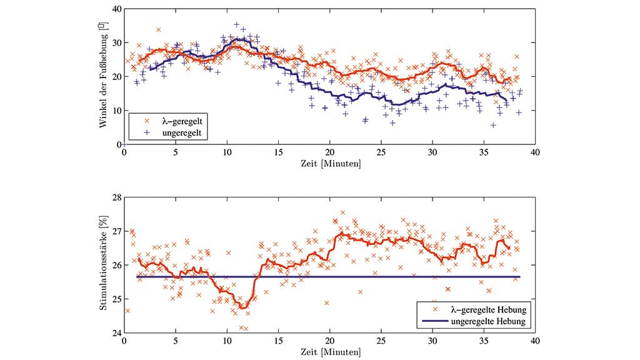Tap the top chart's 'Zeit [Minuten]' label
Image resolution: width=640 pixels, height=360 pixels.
tap(329, 164)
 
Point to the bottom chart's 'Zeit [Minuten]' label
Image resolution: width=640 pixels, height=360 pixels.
tap(329, 352)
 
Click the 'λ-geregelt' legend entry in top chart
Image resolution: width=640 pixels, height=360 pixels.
tap(176, 121)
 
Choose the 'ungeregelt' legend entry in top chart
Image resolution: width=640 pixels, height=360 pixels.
tap(176, 132)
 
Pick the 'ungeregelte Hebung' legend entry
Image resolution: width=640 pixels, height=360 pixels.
tap(486, 321)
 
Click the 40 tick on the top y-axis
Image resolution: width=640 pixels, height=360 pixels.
tap(117, 9)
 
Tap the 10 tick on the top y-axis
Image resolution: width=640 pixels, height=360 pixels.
tap(117, 111)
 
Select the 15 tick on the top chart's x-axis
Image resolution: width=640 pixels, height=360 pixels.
tap(278, 152)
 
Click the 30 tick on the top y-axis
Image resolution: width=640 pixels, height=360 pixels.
tap(117, 43)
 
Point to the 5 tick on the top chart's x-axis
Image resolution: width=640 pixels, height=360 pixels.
tap(176, 152)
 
